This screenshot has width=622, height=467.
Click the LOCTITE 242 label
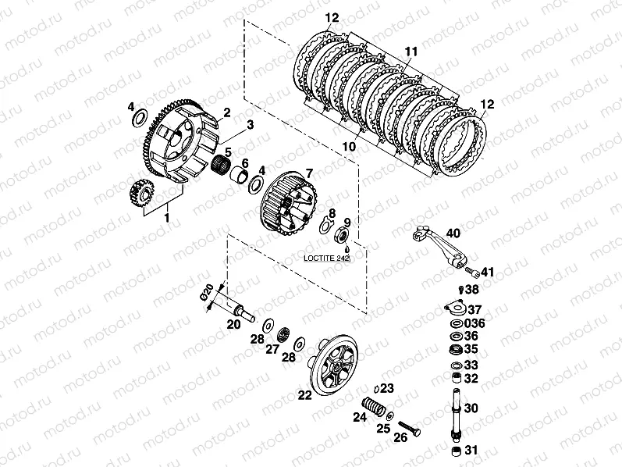coord(326,258)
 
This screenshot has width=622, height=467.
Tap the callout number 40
coord(453,233)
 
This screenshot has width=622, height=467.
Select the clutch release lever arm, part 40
coord(439,246)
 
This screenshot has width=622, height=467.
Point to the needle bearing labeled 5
coord(221,165)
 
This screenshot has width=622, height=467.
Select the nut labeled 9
coord(343,235)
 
